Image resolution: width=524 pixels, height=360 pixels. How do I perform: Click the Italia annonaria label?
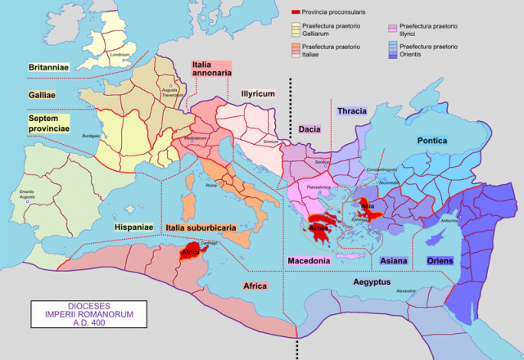tap(211, 69)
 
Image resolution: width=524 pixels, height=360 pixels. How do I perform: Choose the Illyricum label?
tap(255, 95)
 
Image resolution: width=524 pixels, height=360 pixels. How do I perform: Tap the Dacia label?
tap(310, 128)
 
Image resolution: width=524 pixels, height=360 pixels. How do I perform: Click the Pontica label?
tap(431, 141)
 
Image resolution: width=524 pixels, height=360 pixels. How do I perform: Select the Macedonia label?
tap(309, 261)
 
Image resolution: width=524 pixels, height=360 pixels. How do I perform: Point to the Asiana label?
tap(395, 261)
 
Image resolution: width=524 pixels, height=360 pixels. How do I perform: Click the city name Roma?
tap(211, 186)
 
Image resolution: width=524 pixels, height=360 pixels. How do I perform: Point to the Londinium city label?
tap(120, 55)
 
